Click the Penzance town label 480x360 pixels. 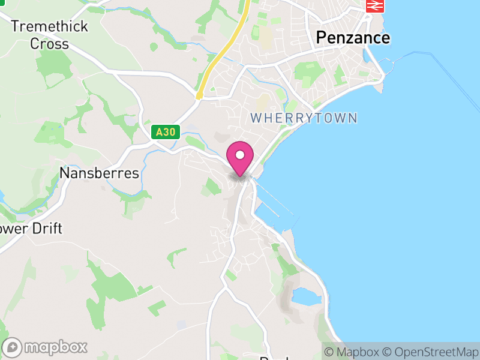click(x=353, y=38)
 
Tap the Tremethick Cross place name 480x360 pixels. click(x=49, y=35)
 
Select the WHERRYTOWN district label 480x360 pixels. click(x=304, y=118)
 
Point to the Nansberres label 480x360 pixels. click(x=100, y=173)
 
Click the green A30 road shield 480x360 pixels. click(x=166, y=132)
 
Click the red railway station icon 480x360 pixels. click(x=375, y=5)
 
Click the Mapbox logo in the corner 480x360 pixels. click(x=46, y=347)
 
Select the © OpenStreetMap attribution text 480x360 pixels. click(x=430, y=352)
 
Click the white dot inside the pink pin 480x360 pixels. click(x=240, y=155)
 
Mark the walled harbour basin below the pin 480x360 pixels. click(x=273, y=210)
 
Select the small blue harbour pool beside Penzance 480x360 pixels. click(x=367, y=56)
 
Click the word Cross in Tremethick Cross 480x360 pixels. click(x=49, y=44)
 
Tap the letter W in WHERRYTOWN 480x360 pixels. click(x=256, y=118)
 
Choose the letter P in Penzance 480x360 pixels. click(x=322, y=38)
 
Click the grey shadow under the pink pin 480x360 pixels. click(x=240, y=177)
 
